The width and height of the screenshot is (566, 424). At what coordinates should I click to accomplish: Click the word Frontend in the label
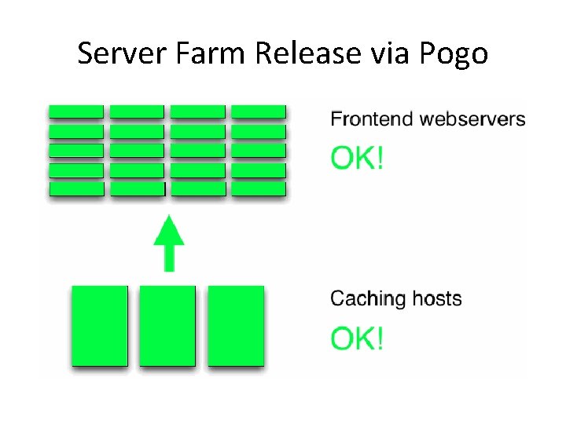[x=372, y=119]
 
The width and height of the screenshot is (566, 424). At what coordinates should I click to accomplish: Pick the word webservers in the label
[x=472, y=119]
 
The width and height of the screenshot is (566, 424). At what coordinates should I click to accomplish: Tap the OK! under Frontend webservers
[x=358, y=159]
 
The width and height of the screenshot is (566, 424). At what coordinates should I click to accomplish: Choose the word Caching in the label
[x=367, y=299]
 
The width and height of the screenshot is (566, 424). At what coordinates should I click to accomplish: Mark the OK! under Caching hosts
[x=358, y=338]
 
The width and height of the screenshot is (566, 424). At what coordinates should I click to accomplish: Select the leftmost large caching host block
[x=100, y=325]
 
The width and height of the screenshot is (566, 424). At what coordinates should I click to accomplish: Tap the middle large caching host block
[x=167, y=325]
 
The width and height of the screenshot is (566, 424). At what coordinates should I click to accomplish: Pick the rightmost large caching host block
[x=236, y=325]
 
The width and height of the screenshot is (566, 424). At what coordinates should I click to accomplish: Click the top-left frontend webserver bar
[x=76, y=111]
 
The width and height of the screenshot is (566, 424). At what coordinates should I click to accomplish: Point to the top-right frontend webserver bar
[x=259, y=111]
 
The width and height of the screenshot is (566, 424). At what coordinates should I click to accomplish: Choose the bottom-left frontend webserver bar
[x=76, y=188]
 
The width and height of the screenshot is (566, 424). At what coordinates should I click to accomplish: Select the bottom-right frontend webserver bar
[x=259, y=188]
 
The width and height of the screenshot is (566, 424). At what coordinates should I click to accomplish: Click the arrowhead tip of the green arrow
[x=169, y=217]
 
